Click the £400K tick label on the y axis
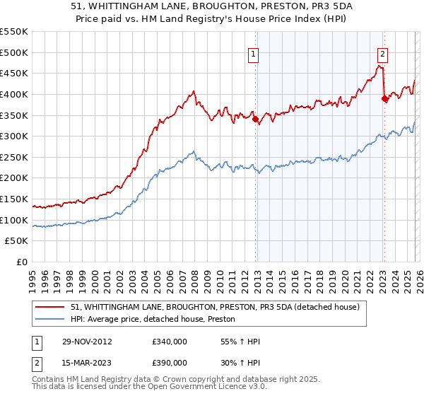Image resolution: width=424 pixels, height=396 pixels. coord(14,94)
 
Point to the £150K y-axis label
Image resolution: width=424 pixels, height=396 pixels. coord(14,199)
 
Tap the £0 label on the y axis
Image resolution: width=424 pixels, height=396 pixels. coord(22,262)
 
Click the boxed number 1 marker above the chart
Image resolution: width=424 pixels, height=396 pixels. coord(254,52)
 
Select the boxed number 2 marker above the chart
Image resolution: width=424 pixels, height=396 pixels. coord(382,52)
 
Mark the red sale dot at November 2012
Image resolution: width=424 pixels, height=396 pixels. coord(255,119)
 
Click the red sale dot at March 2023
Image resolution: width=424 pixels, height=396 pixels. coord(384,98)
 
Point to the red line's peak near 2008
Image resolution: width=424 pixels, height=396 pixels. coord(193,91)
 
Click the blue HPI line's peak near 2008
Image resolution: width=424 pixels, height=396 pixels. coord(194,151)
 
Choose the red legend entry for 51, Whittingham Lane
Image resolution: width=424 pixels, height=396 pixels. coord(216,307)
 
